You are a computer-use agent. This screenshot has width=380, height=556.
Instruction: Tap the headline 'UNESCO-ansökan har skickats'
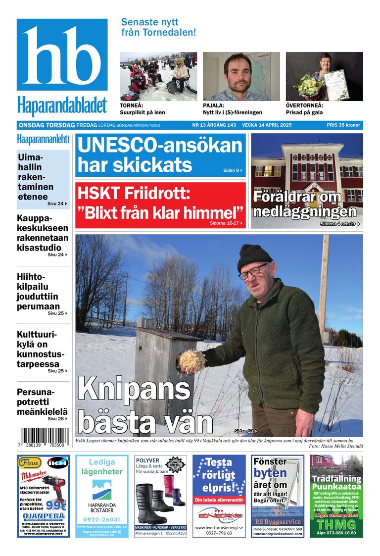[160, 155]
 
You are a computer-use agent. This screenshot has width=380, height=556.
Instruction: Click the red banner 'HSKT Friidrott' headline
[160, 204]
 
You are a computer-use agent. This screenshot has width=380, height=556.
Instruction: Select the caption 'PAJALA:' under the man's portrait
[214, 105]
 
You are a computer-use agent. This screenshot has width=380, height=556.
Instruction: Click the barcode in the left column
[43, 438]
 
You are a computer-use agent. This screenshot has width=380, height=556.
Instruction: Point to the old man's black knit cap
[254, 256]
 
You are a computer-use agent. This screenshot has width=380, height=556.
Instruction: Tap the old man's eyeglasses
[253, 271]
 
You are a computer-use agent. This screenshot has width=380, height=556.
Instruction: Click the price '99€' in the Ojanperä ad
[56, 505]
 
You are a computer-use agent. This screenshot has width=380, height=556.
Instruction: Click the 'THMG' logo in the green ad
[336, 524]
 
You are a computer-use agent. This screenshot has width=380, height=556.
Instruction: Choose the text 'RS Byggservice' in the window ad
[278, 521]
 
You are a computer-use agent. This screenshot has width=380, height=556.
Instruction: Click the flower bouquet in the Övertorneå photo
[307, 85]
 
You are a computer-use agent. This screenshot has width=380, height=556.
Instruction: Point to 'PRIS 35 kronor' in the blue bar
[344, 125]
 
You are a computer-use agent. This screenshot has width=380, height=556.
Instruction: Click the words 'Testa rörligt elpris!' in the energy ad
[219, 475]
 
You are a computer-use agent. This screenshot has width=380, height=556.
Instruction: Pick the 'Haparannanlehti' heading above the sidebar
[43, 139]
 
